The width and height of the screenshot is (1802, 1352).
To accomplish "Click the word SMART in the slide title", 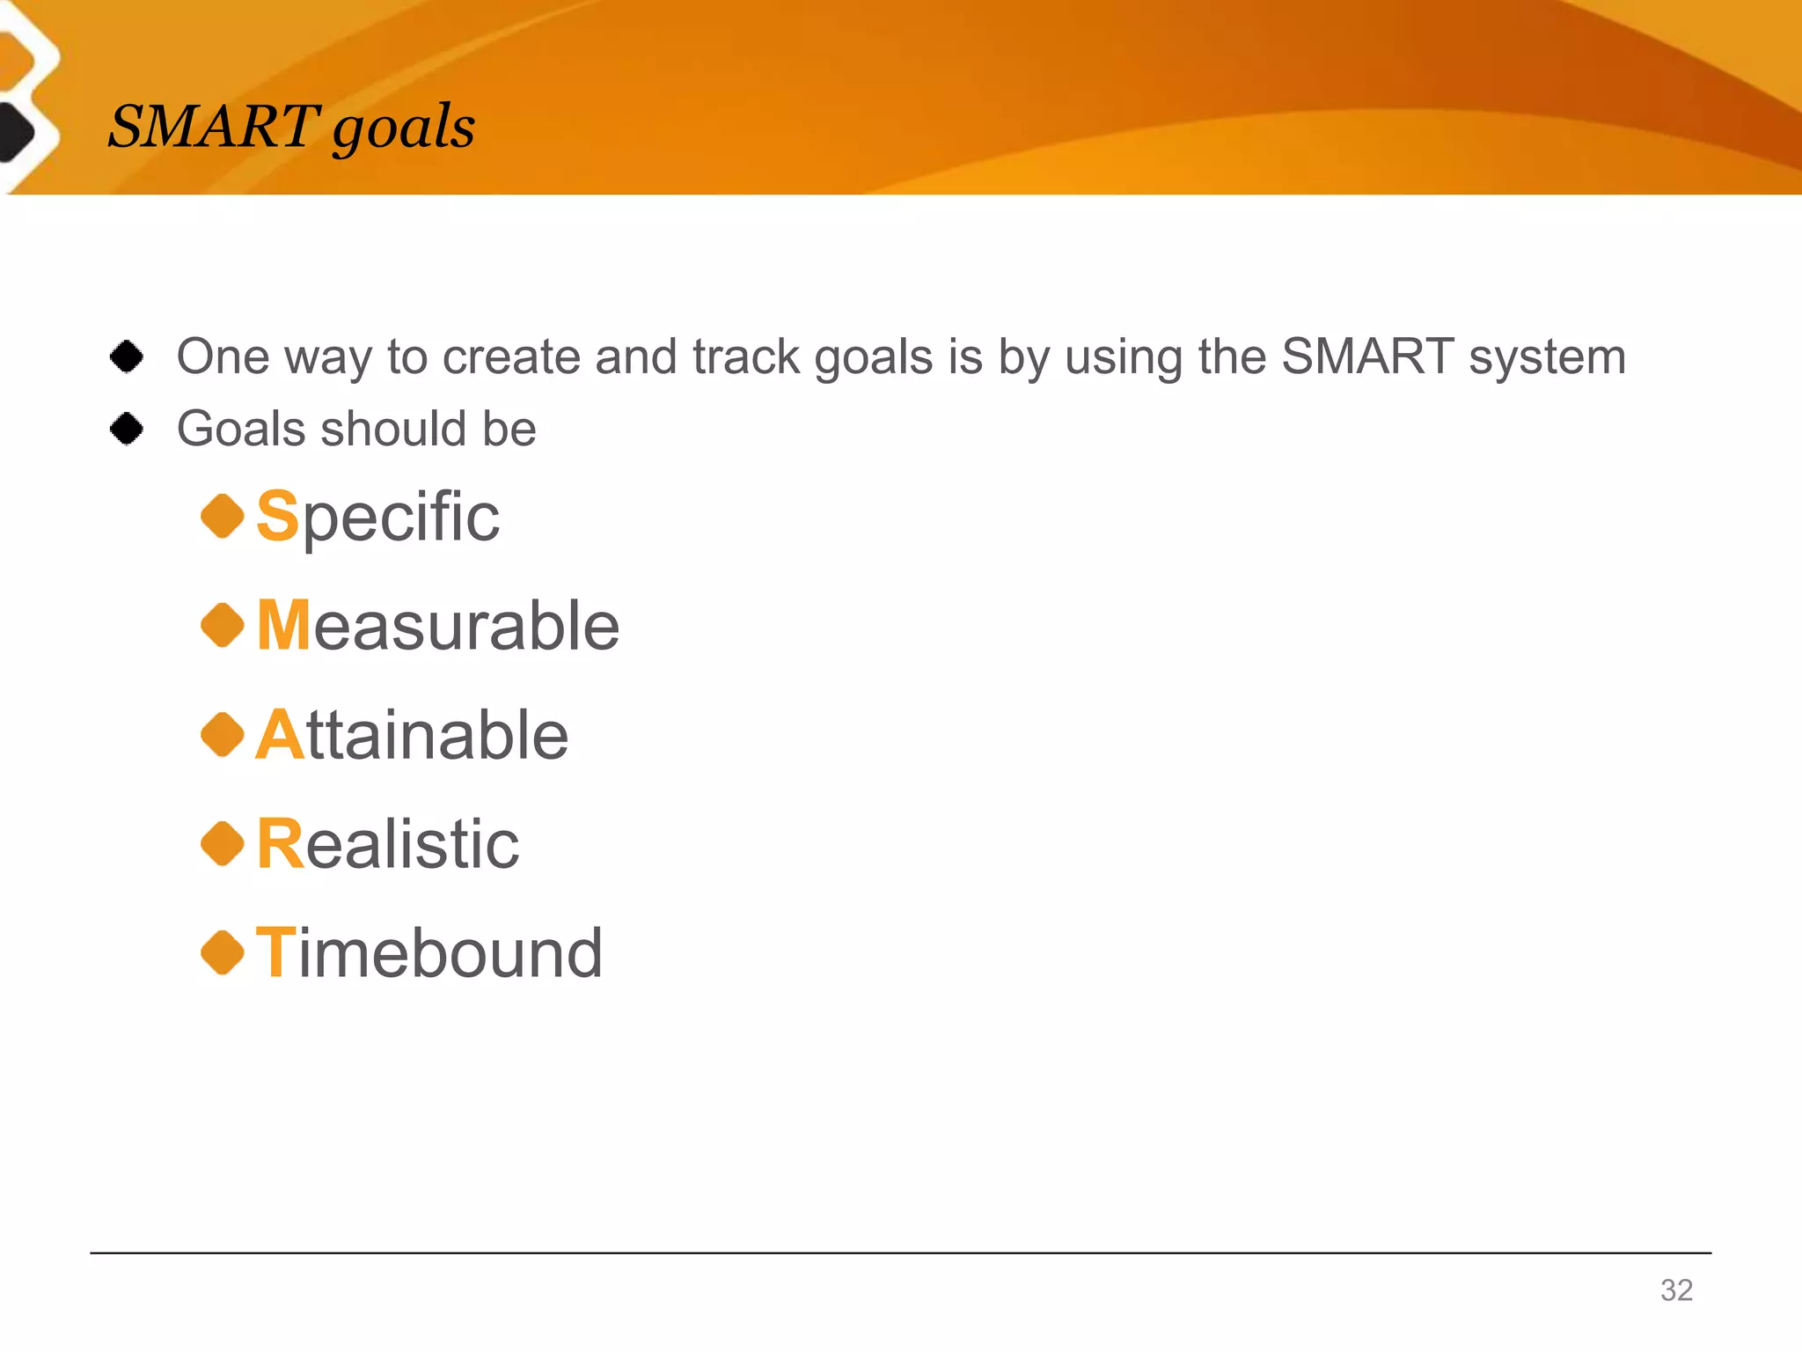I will click(x=213, y=126).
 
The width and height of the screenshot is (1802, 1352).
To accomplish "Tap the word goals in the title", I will click(x=404, y=129).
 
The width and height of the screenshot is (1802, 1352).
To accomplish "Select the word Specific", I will click(x=377, y=517).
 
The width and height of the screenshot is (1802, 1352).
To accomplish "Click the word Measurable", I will click(x=437, y=626).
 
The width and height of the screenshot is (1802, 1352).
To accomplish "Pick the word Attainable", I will click(x=412, y=735).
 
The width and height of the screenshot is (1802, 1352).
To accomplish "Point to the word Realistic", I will click(x=387, y=844).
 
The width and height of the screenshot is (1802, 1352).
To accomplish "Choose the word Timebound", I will click(x=429, y=953).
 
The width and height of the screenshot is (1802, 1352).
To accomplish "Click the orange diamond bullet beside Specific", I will click(x=223, y=516).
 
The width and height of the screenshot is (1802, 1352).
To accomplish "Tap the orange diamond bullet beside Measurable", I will click(x=223, y=625).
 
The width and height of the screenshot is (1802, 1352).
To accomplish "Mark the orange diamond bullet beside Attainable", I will click(x=223, y=735).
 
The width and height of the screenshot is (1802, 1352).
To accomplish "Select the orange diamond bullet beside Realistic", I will click(x=223, y=844).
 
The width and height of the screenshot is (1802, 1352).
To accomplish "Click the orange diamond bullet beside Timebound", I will click(x=223, y=953).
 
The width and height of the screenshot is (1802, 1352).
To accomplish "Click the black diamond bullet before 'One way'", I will click(x=127, y=356).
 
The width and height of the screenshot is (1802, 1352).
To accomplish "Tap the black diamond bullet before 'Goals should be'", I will click(x=127, y=429).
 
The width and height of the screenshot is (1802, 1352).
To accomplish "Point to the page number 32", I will click(x=1676, y=1290).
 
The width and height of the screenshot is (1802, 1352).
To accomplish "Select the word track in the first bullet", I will click(x=746, y=357).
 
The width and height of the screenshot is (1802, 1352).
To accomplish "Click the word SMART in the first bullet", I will click(x=1366, y=356).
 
